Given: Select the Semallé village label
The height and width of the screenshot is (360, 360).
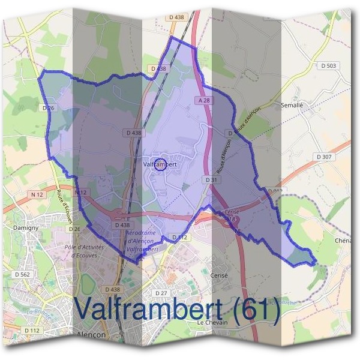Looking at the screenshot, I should click(292, 105).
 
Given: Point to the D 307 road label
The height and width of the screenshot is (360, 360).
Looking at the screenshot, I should click(324, 157).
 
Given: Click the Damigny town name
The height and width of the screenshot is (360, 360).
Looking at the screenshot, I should click(26, 229).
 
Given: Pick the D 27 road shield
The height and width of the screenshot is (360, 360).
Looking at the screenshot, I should click(161, 293).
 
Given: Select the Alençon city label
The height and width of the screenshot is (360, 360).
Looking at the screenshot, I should click(92, 334).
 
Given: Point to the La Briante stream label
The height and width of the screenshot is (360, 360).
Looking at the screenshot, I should click(37, 311).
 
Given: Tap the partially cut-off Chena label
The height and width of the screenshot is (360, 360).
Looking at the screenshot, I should click(346, 241).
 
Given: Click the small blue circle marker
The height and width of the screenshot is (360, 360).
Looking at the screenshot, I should click(160, 164).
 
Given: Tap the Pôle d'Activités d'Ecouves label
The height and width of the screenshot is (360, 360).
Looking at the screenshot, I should click(84, 251).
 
